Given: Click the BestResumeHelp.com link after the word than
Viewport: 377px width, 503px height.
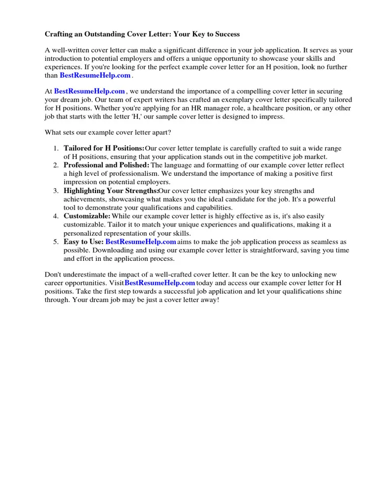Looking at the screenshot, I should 95,75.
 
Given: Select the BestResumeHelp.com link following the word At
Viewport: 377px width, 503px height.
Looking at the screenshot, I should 89,91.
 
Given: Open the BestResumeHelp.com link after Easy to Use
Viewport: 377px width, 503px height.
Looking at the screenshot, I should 140,242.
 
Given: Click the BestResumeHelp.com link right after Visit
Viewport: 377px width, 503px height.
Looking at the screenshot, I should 160,283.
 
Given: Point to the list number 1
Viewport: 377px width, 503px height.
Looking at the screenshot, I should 56,148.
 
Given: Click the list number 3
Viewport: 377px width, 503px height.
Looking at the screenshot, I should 56,191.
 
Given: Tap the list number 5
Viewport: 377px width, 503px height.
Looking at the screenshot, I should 56,242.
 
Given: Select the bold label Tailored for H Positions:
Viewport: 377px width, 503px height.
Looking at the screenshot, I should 104,148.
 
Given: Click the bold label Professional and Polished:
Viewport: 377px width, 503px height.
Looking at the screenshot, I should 106,165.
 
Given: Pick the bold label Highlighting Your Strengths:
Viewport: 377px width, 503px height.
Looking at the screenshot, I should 111,191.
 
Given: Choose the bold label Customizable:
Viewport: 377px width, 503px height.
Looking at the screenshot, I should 87,216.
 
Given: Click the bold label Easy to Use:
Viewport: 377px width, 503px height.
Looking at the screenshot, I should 83,242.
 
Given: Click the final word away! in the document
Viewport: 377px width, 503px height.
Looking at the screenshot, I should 209,300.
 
